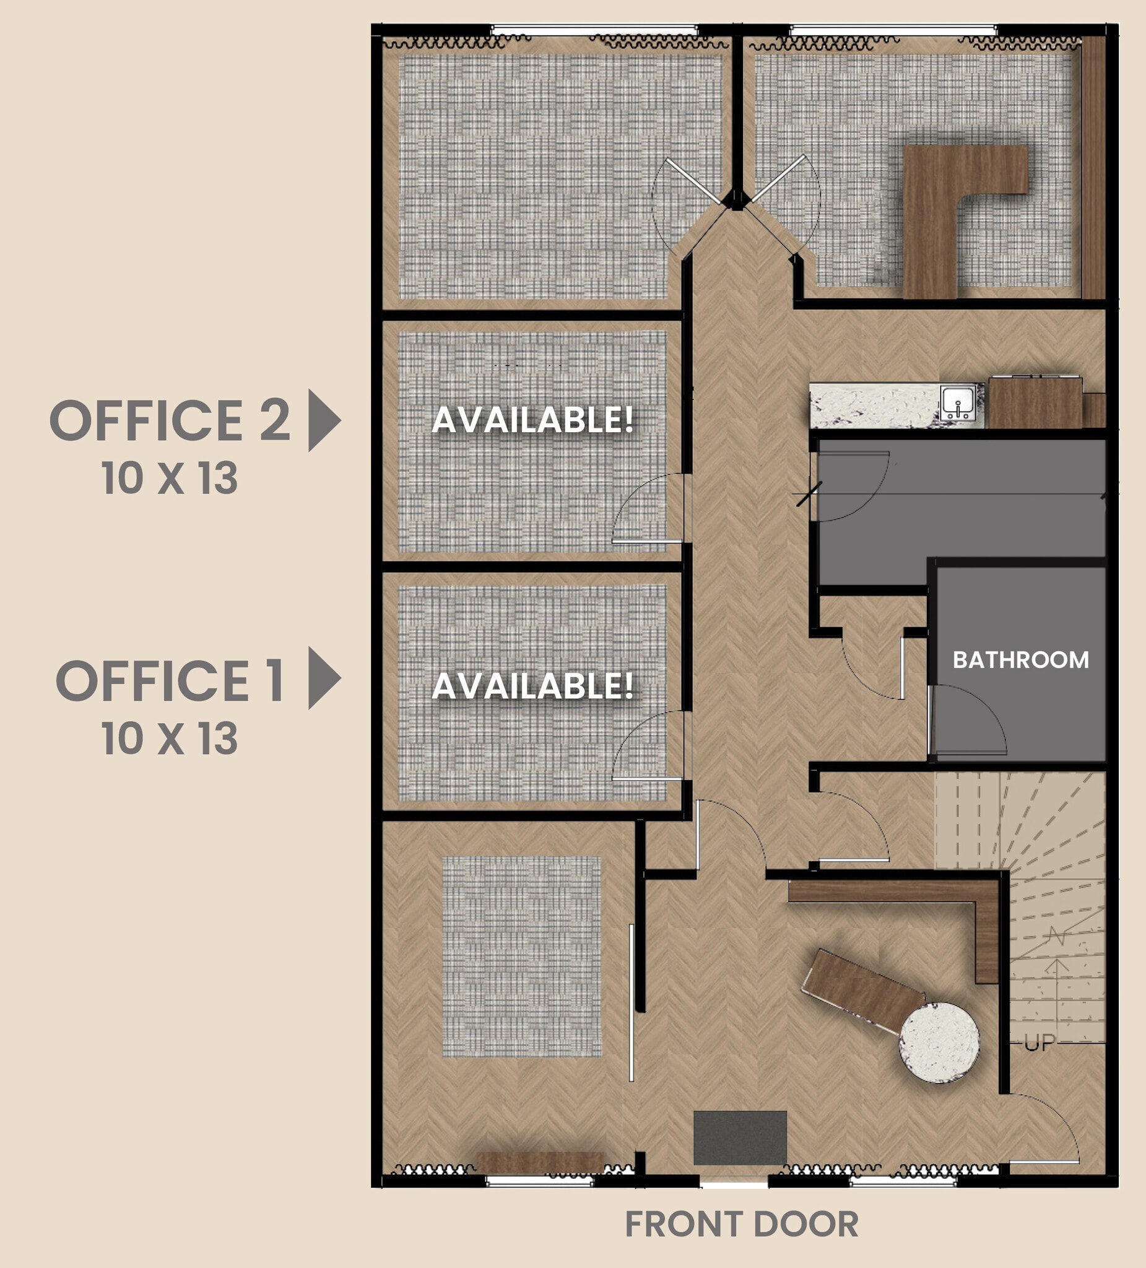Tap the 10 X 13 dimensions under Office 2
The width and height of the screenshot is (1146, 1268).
170,478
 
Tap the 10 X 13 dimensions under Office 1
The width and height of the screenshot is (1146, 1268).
170,738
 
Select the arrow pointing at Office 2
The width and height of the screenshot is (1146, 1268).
324,420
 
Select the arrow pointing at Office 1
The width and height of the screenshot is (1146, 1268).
324,678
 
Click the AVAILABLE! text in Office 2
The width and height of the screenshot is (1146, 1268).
532,420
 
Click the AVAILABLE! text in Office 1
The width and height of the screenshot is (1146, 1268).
532,685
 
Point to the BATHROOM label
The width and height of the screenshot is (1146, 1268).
1020,660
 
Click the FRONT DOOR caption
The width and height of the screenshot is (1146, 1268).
742,1224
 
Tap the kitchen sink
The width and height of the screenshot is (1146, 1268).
957,402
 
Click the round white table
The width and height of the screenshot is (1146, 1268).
939,1042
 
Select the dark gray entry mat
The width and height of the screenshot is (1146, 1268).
740,1138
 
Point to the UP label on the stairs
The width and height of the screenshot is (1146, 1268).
1039,1043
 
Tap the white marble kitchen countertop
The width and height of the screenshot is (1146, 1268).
874,406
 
